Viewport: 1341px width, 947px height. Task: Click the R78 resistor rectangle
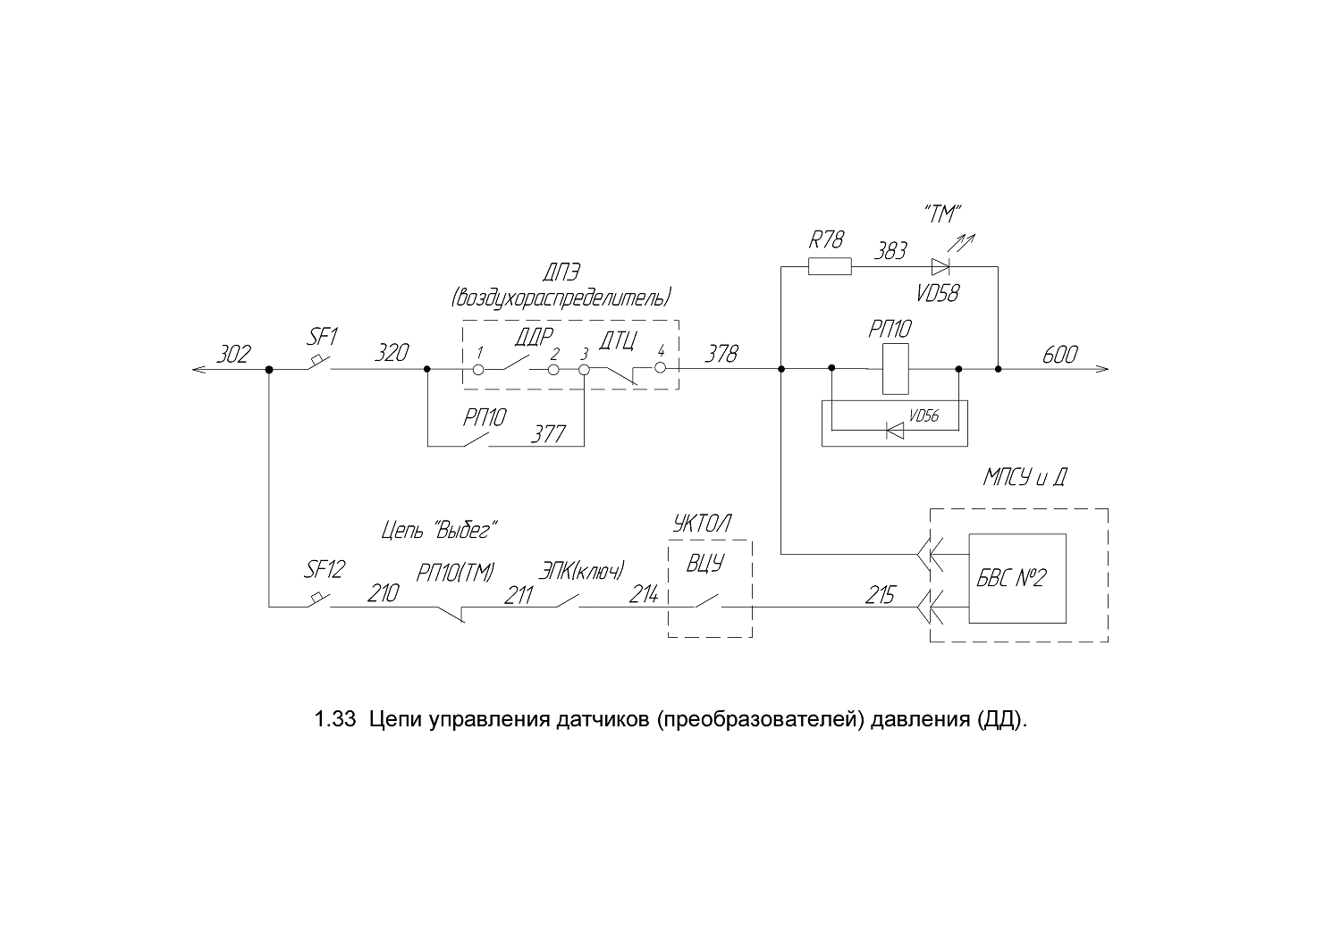click(x=830, y=266)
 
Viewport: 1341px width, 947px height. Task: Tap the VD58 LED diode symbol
click(x=940, y=267)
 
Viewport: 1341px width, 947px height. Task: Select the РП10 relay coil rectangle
click(x=896, y=368)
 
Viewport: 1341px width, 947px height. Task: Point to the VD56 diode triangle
click(x=895, y=430)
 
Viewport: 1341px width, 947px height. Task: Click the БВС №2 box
click(x=1017, y=579)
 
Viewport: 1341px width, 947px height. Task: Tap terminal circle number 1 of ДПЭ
click(x=478, y=370)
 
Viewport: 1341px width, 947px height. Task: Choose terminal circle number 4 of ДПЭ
click(x=660, y=368)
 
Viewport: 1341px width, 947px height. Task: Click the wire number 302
click(x=232, y=354)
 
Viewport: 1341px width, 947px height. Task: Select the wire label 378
click(x=721, y=354)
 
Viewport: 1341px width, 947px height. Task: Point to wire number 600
click(x=1059, y=355)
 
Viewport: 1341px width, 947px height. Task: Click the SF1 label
click(x=323, y=337)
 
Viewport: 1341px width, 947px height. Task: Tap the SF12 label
click(x=324, y=569)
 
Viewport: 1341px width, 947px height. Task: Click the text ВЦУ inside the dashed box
click(x=705, y=563)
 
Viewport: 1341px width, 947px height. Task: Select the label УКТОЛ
click(x=702, y=524)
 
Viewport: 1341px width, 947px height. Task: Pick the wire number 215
click(x=880, y=595)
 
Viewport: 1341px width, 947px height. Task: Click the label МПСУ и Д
click(x=1025, y=477)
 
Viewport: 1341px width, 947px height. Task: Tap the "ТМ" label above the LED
click(x=942, y=214)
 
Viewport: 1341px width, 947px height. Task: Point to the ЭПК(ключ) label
click(x=581, y=570)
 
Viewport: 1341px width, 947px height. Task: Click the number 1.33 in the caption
click(x=335, y=719)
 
